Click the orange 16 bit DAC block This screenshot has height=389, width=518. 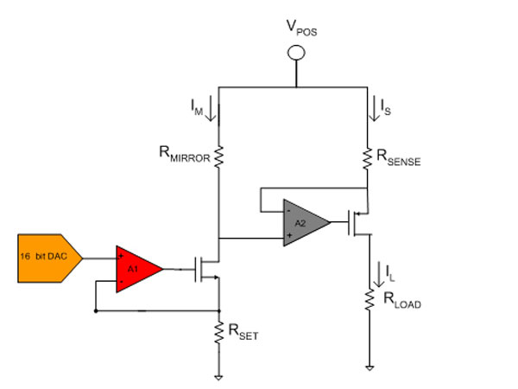point(50,258)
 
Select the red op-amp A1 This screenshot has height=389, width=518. point(139,269)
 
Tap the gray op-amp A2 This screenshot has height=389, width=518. point(306,223)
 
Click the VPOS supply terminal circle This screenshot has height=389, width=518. point(296,53)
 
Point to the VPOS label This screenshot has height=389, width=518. point(301,28)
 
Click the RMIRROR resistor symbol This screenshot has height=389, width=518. point(218,156)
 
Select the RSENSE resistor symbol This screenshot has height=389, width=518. point(367,159)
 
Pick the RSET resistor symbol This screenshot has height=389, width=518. point(218,333)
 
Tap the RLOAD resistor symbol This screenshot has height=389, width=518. point(370,300)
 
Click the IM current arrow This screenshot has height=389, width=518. point(211,112)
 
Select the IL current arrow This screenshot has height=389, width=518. point(379,274)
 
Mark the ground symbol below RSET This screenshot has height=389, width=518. point(218,377)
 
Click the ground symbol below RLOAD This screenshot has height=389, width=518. point(370,367)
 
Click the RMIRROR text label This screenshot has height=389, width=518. point(185,155)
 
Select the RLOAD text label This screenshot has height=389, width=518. point(402,301)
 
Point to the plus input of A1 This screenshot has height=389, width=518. point(121,256)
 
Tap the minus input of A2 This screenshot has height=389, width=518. point(288,210)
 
